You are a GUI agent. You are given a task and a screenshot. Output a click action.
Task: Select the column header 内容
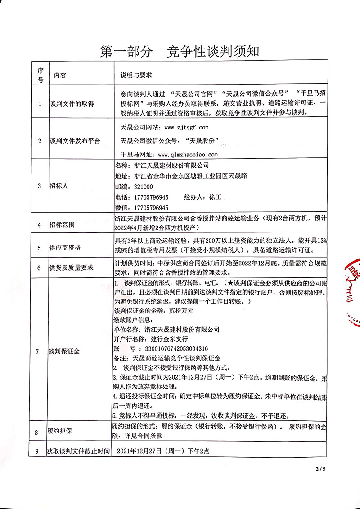(60, 75)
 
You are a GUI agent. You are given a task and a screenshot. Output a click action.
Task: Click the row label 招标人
(58, 186)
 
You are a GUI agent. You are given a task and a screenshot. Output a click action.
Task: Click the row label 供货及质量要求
(71, 268)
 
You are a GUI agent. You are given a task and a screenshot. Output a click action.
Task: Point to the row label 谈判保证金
(64, 352)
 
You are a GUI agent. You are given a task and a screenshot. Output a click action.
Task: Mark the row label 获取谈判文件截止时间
(78, 450)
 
